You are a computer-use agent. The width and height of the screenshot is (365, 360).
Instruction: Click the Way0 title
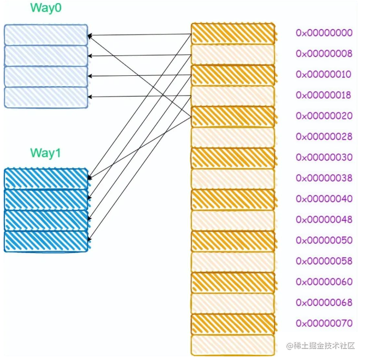coord(46,8)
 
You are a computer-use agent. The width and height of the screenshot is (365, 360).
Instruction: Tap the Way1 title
coord(45,153)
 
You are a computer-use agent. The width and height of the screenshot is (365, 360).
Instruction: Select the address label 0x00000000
coord(324,33)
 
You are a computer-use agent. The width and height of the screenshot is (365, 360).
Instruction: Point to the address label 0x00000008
coord(324,53)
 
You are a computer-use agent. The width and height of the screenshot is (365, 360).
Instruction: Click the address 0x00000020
coord(324,115)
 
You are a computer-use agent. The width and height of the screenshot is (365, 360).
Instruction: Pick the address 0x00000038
coord(324,178)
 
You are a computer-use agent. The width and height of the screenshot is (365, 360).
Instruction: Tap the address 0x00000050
coord(324,240)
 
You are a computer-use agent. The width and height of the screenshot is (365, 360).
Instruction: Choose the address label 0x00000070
coord(324,323)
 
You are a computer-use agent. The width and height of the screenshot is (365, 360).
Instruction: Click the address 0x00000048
coord(324,219)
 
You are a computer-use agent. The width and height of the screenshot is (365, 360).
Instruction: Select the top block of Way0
coord(46,35)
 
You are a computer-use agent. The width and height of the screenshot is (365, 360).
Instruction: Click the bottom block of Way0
coord(46,97)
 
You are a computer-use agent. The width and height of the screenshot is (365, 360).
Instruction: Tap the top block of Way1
coord(46,179)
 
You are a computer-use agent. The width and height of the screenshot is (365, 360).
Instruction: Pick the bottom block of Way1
coord(46,241)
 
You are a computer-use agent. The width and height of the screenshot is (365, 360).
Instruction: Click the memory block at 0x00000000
coord(233,33)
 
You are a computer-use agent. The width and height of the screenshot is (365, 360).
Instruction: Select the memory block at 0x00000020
coord(233,117)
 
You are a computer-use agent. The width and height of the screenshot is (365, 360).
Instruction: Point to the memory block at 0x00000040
coord(233,200)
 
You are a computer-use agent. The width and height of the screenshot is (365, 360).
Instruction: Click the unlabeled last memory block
coord(233,345)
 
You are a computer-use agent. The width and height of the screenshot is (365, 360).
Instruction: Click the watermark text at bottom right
coord(321,346)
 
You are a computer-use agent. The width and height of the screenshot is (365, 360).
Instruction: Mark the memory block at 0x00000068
coord(233,304)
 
